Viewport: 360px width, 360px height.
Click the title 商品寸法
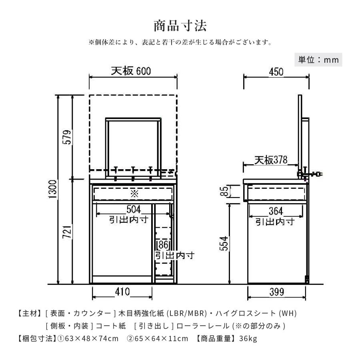point(180,26)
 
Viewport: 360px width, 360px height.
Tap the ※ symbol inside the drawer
point(134,194)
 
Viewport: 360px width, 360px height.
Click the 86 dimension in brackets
point(163,245)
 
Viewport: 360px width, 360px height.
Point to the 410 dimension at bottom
point(122,292)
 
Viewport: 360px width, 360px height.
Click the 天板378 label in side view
point(271,160)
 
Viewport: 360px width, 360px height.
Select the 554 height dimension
point(225,243)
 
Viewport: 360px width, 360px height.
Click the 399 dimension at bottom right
point(276,292)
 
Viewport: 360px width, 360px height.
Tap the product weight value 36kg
point(247,339)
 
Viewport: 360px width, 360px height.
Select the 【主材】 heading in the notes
point(30,312)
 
